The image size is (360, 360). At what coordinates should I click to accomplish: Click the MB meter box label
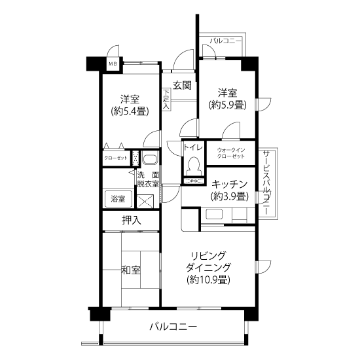(113, 64)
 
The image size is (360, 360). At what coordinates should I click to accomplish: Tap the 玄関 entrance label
(182, 85)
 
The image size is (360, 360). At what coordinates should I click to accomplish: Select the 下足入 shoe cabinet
(166, 99)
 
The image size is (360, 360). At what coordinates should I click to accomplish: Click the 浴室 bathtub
(118, 199)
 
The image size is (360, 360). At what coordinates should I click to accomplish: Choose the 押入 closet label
(131, 221)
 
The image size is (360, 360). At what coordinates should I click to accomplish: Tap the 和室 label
(131, 270)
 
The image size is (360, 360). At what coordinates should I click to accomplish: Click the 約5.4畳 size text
(130, 112)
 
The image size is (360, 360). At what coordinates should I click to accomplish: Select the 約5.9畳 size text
(227, 105)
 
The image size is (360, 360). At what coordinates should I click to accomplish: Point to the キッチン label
(229, 184)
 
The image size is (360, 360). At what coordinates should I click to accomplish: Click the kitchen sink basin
(214, 214)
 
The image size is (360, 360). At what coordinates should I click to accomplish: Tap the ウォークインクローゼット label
(231, 153)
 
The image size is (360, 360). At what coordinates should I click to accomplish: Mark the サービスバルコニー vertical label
(266, 183)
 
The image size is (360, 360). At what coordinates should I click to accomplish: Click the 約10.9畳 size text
(208, 279)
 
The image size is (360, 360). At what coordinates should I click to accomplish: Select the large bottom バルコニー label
(173, 326)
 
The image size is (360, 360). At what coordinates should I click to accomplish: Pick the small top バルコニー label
(226, 41)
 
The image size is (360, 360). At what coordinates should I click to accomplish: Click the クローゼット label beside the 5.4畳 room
(116, 158)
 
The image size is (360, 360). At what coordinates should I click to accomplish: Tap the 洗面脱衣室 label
(148, 179)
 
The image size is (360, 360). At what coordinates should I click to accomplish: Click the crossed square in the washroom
(145, 201)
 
